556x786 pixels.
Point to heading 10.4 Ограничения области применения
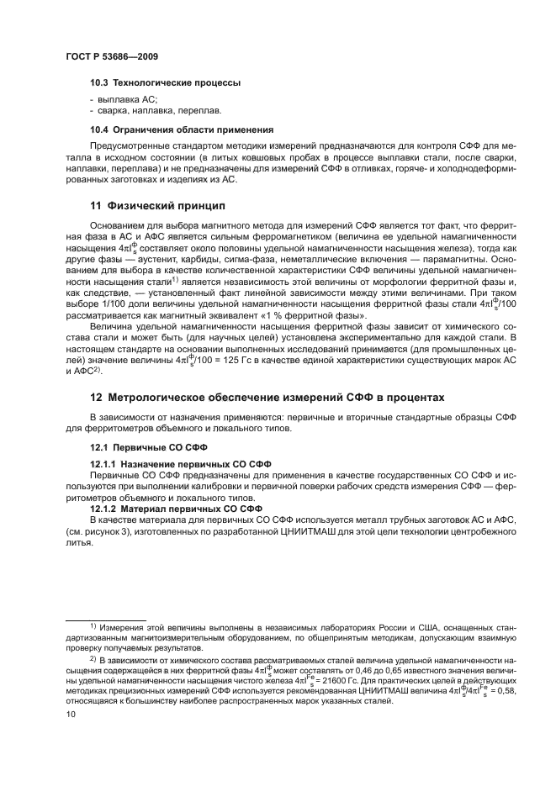(x=182, y=129)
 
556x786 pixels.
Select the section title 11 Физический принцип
(x=160, y=205)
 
